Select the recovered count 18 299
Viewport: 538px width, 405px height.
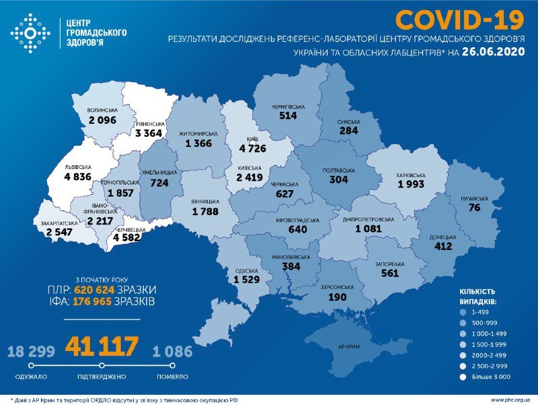[x=31, y=351]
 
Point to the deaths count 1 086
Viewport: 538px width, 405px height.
[x=171, y=351]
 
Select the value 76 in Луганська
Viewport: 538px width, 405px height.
[x=475, y=208]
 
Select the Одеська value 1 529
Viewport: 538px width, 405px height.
[x=246, y=279]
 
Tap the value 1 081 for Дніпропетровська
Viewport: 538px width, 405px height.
[x=373, y=229]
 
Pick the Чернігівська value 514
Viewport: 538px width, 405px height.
[x=289, y=115]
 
